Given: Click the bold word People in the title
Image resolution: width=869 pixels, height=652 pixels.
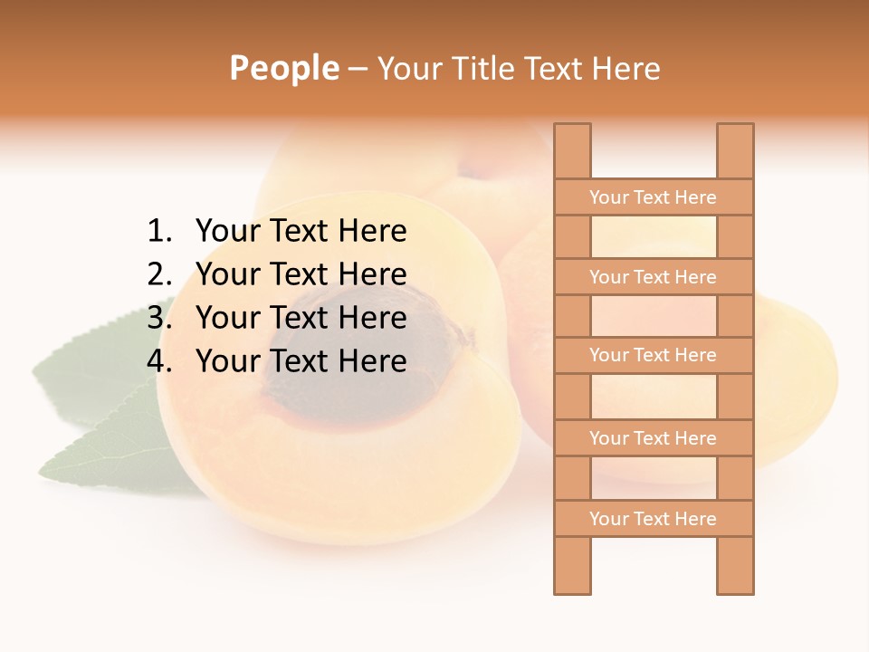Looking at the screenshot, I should tap(284, 68).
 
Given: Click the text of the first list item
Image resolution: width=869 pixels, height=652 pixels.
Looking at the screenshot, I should tap(301, 232).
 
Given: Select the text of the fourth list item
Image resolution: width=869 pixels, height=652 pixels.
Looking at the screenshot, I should tap(301, 361).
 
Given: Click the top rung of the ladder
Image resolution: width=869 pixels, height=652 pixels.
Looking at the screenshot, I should tap(654, 197).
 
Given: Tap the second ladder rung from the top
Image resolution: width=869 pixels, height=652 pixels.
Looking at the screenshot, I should tap(654, 277).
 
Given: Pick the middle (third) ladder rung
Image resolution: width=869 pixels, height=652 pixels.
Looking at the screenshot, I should tap(654, 356).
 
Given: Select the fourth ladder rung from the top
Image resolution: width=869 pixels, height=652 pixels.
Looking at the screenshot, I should tap(654, 438).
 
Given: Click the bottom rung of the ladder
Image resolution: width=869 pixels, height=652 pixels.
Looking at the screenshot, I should tap(654, 519).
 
